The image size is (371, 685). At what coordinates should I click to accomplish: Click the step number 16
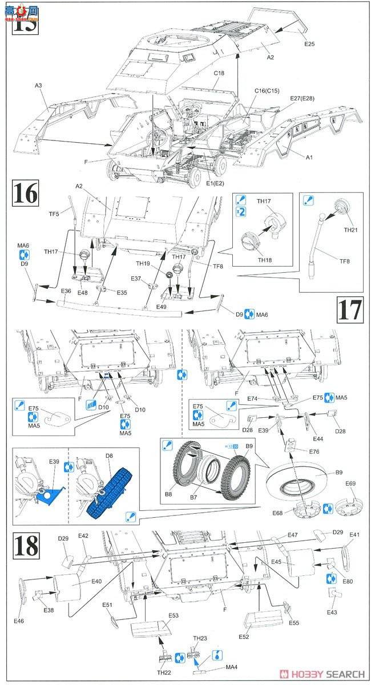26,194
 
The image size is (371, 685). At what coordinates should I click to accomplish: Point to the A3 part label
38,85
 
